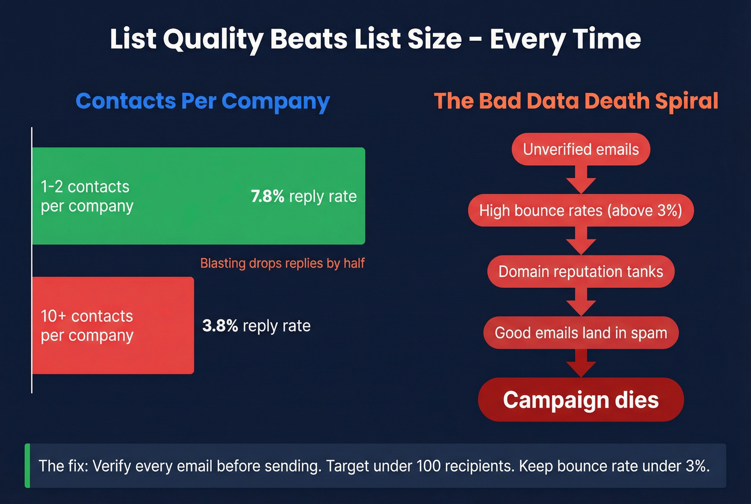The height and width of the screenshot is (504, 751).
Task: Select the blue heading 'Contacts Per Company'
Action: [x=202, y=101]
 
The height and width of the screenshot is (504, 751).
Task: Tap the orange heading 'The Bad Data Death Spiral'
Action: [x=576, y=101]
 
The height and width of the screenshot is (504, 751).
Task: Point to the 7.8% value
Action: [x=267, y=196]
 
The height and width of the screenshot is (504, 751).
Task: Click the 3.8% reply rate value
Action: [x=220, y=326]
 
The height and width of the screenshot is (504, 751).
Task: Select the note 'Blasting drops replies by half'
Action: [x=282, y=263]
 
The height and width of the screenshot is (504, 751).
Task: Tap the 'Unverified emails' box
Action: [x=580, y=149]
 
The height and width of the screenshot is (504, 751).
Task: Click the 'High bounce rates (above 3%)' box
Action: [x=580, y=210]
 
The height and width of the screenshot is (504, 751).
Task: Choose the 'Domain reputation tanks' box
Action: [x=580, y=272]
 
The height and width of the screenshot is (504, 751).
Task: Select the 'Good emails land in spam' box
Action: [x=580, y=333]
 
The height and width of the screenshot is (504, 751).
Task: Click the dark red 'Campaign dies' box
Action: [x=580, y=400]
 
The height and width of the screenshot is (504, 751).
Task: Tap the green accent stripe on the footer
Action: [x=27, y=466]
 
